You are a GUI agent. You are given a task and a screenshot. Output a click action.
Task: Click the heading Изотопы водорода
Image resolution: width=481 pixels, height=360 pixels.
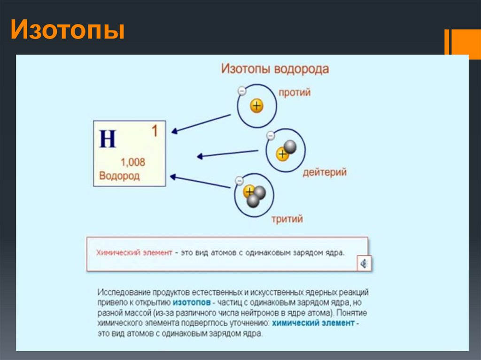275,69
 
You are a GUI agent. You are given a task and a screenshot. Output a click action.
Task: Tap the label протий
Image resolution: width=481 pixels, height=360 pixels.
295,92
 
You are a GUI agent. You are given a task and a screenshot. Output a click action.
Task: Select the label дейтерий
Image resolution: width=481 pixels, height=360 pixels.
324,172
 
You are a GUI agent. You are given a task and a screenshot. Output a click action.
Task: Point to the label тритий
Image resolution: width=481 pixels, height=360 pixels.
287,219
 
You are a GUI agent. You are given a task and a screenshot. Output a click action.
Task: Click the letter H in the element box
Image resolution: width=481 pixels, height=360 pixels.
108,139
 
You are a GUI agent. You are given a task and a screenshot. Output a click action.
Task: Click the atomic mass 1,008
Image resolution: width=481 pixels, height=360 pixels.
133,162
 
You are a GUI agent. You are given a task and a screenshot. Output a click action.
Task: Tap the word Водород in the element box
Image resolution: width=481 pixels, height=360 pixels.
119,176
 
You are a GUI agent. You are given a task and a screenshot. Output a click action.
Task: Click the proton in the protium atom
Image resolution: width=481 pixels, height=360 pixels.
256,106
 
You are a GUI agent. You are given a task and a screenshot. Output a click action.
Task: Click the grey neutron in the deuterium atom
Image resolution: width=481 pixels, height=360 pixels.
290,147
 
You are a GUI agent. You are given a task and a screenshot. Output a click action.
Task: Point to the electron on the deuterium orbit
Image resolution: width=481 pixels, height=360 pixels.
271,136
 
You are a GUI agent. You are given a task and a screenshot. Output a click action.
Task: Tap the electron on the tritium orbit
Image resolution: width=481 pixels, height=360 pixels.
239,180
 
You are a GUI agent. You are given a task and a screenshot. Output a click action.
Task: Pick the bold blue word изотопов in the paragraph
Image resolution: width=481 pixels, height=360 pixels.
191,302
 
